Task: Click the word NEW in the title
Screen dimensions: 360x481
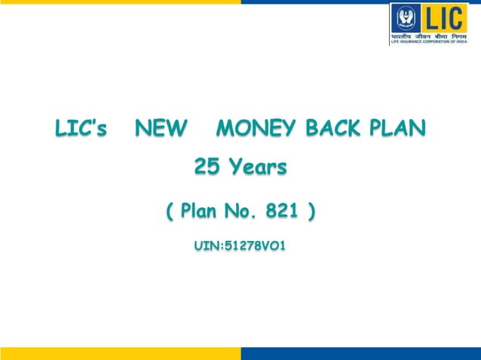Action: click(160, 130)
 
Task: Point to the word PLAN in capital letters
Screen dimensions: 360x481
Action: click(397, 130)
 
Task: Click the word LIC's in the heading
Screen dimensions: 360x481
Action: click(81, 130)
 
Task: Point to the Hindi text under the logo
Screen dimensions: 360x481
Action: click(429, 35)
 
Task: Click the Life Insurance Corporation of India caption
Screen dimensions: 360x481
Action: click(429, 42)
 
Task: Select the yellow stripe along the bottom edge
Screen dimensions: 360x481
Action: click(121, 353)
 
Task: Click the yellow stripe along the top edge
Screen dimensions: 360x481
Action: click(121, 2)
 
